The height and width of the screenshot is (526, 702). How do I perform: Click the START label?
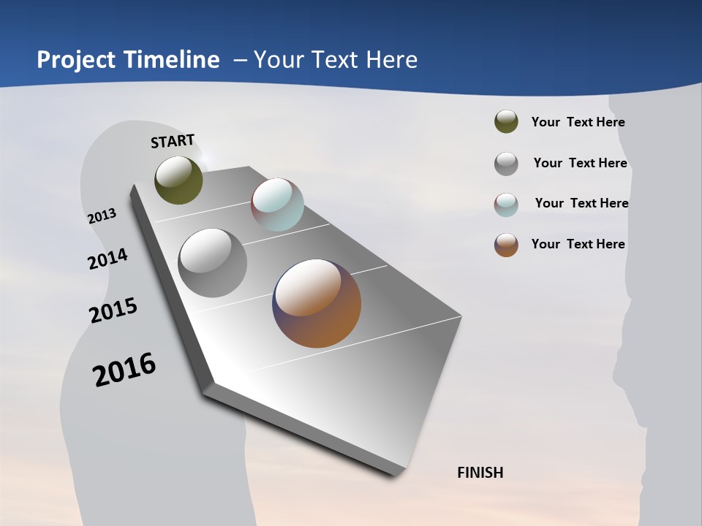pos(173,141)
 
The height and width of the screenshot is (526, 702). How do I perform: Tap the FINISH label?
pos(480,473)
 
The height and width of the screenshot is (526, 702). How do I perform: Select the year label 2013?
pos(102,216)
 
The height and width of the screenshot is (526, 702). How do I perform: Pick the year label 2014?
pos(107,259)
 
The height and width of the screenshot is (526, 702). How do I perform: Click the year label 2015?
pos(113,310)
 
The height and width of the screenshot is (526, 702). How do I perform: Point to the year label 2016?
pos(124,369)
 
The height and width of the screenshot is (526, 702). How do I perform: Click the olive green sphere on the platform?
pos(178,180)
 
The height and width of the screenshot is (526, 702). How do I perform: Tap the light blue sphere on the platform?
pos(277,205)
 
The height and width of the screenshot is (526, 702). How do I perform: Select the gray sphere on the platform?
pos(212,263)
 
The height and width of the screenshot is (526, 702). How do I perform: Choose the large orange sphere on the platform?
pos(317,303)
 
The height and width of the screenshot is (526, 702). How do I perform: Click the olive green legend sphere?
pos(506,122)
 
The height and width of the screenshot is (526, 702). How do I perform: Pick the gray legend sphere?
pos(506,164)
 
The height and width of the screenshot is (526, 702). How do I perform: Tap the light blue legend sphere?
pos(506,205)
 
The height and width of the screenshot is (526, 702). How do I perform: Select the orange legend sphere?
pos(506,245)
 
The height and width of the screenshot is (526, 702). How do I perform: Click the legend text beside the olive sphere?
pos(578,123)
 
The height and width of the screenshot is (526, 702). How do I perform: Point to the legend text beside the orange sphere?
pos(578,244)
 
